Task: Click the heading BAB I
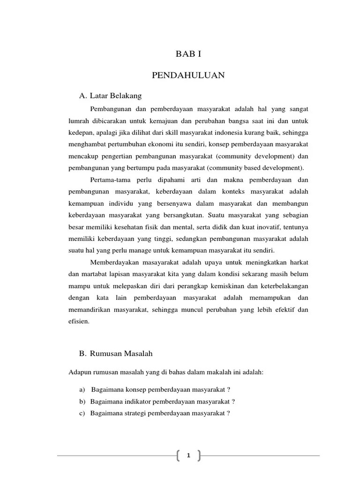[x=188, y=54]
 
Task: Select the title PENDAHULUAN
[x=188, y=75]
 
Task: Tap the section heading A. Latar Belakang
[x=110, y=96]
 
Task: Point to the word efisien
[x=78, y=322]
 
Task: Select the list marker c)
[x=82, y=413]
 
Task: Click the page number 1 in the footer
[x=188, y=456]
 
